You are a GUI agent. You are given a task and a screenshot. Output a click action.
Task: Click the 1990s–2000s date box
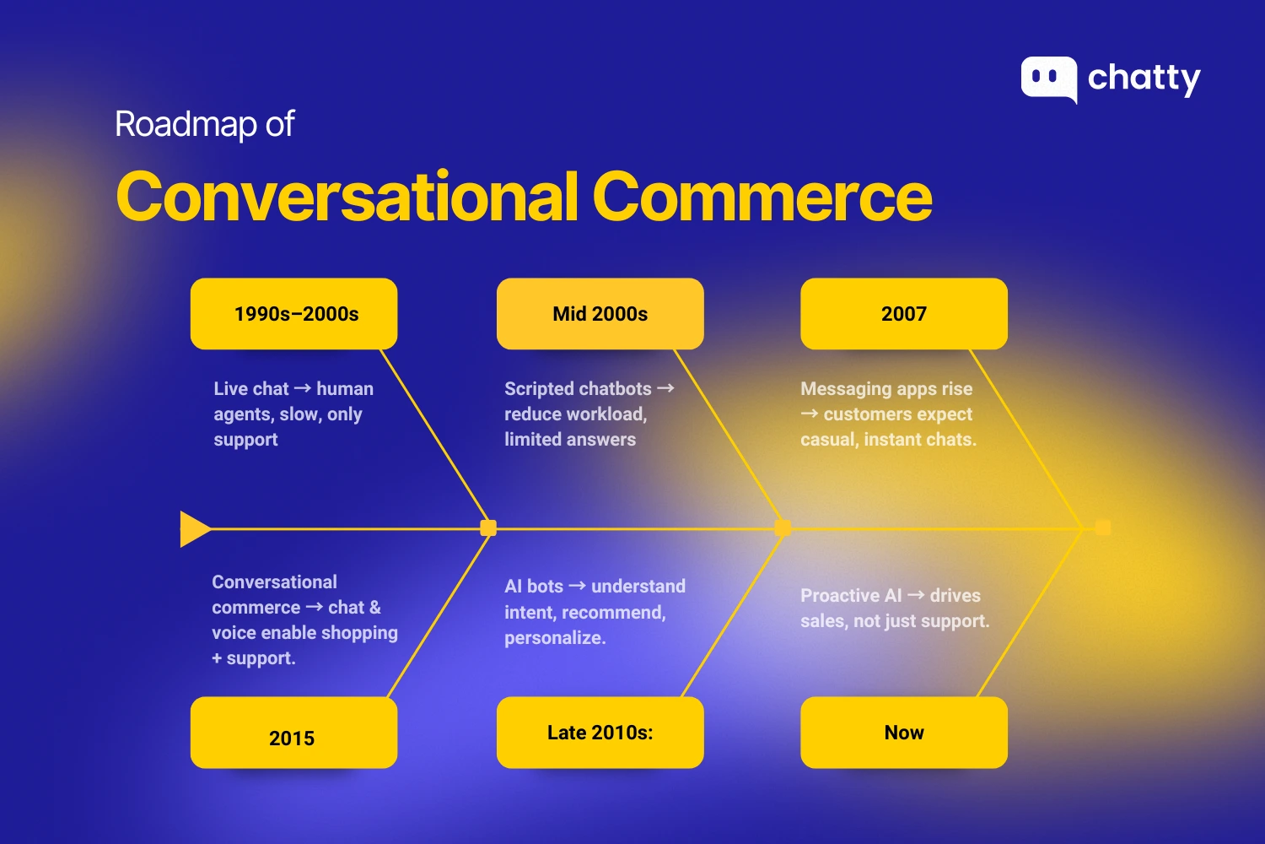(x=293, y=314)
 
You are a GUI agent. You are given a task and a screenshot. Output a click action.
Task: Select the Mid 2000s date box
(x=600, y=314)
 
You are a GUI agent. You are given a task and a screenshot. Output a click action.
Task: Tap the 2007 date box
(x=904, y=314)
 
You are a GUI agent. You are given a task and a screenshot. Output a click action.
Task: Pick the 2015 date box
(x=293, y=733)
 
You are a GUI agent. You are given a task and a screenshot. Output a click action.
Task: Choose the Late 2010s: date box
(x=600, y=733)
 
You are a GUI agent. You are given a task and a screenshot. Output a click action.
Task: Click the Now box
(x=904, y=733)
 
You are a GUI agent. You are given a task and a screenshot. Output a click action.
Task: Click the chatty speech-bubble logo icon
(x=1049, y=79)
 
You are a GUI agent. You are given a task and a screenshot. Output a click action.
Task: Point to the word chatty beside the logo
(x=1144, y=79)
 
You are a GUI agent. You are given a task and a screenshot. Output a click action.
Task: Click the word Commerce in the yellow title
(x=762, y=196)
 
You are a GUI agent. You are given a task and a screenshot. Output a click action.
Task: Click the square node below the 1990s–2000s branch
(x=488, y=528)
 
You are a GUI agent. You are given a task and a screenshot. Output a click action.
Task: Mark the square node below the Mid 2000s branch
(x=783, y=528)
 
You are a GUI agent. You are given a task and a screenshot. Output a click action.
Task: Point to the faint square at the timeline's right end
(x=1103, y=528)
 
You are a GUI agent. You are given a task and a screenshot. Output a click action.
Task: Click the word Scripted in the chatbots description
(x=538, y=389)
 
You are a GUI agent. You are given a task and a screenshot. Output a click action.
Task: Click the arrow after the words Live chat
(x=303, y=388)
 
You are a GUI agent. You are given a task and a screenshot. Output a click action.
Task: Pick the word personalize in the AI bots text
(x=555, y=638)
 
